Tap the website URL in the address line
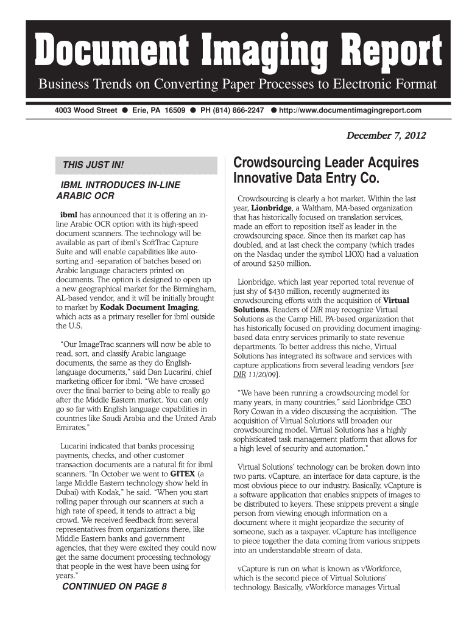coord(350,110)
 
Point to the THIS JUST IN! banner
coord(90,165)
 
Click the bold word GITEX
coord(183,473)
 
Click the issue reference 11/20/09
coord(264,374)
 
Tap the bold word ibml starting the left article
coord(68,215)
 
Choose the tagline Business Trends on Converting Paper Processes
coord(238,84)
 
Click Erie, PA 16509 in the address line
coord(158,110)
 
